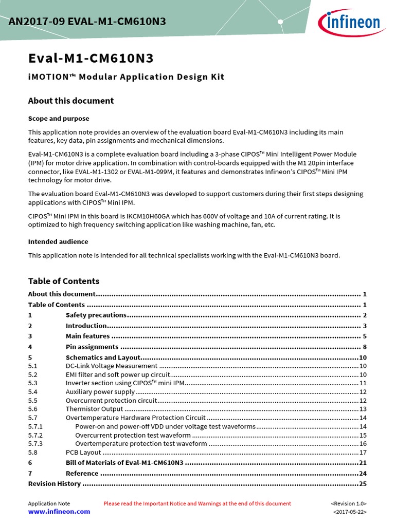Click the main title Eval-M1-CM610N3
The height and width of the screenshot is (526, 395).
(91, 58)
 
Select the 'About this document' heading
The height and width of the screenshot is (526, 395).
(70, 101)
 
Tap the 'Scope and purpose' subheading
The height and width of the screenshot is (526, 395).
(58, 119)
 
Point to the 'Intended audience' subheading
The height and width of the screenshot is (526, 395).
(58, 241)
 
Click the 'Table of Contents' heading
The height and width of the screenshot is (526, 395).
(63, 281)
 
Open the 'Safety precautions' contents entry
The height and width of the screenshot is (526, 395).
(96, 315)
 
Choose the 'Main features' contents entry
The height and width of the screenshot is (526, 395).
(87, 336)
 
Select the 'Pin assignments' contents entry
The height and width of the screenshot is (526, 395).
(92, 347)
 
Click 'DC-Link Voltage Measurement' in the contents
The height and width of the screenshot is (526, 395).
(111, 366)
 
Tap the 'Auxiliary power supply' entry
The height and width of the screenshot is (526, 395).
(100, 392)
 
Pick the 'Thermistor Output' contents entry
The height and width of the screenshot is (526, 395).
(94, 409)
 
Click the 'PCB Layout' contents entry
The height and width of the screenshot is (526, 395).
(83, 453)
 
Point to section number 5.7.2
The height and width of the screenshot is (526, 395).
(35, 435)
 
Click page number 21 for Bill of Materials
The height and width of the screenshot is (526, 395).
(362, 462)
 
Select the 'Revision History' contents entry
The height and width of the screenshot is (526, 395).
(54, 483)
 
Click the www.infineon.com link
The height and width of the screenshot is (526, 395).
(59, 512)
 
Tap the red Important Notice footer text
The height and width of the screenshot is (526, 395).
(197, 503)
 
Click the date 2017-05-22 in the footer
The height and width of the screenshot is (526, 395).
(350, 512)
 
